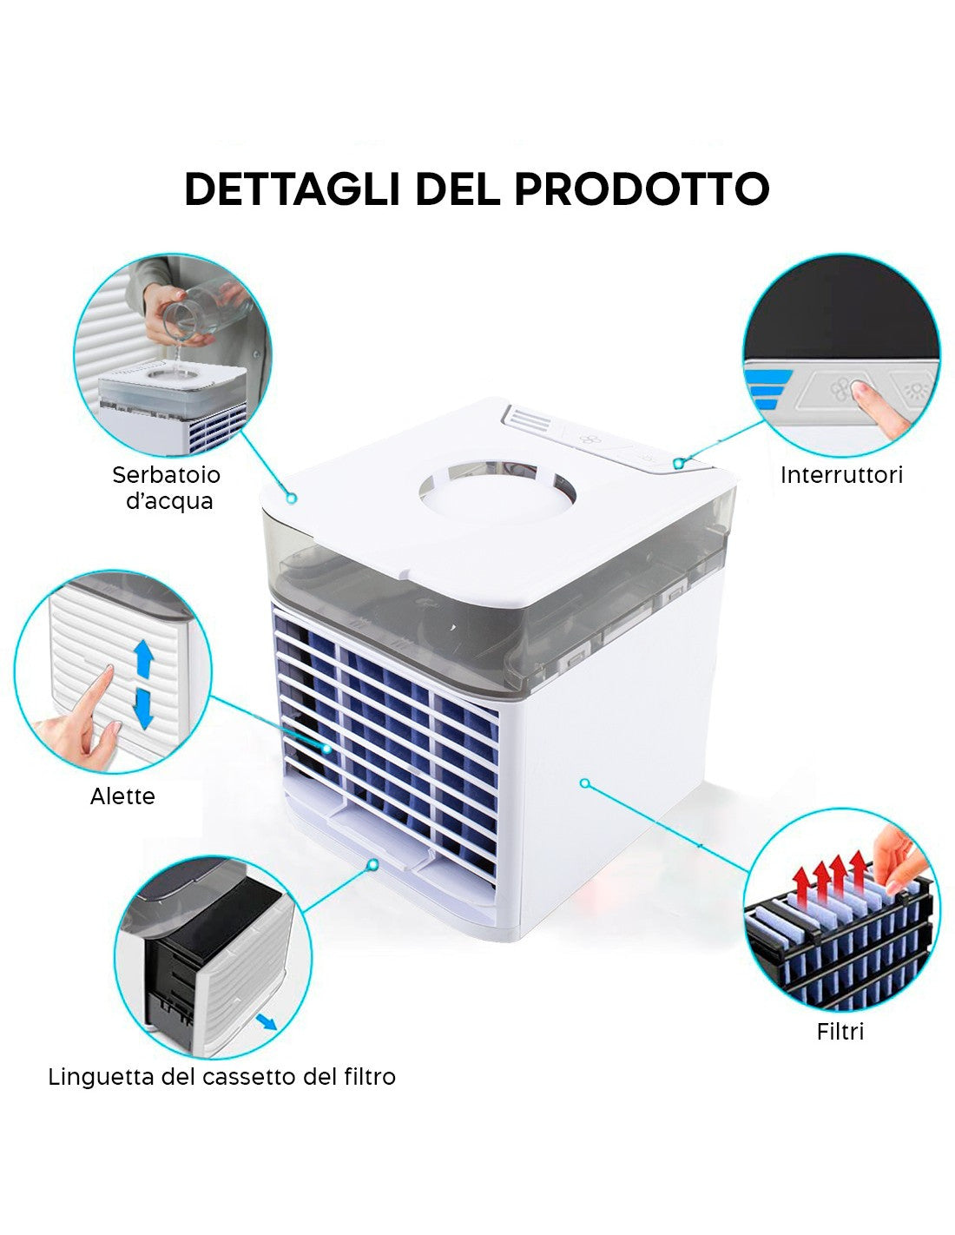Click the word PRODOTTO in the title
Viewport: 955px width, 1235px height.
pos(642,188)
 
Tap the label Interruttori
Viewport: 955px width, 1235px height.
pos(840,475)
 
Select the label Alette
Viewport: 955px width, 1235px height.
pos(122,796)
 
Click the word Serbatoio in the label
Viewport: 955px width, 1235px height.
pos(166,475)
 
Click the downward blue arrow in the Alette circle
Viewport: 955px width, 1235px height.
pos(144,707)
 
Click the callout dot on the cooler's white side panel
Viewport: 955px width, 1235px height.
pos(584,783)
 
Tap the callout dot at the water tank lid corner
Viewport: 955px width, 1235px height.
pos(292,499)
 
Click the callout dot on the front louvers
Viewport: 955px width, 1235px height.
pos(326,749)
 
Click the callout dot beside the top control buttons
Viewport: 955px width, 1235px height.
pos(678,464)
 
